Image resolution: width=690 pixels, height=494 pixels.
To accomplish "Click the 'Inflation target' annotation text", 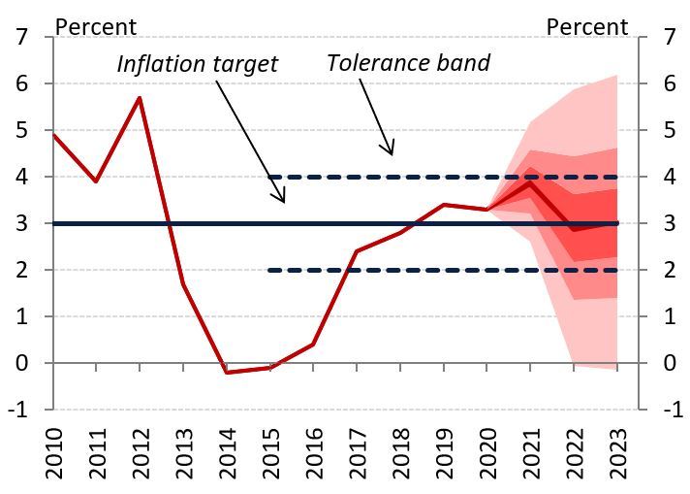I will click(197, 64).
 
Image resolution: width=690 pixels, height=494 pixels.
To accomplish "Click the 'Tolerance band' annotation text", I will click(408, 63).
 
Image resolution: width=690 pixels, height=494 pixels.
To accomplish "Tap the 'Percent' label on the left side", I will click(96, 26).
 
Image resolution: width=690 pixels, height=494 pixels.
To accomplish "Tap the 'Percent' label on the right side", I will click(586, 26).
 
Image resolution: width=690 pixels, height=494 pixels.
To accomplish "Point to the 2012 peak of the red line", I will click(141, 98).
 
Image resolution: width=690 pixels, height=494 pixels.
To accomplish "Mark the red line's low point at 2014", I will click(228, 372).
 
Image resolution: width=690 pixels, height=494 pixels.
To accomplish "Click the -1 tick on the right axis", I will click(667, 410).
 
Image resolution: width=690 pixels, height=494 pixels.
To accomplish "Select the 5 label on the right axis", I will click(667, 130).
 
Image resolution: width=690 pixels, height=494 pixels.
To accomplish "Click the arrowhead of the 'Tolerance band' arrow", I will click(392, 152).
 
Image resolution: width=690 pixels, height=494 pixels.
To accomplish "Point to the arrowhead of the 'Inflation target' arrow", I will click(283, 201).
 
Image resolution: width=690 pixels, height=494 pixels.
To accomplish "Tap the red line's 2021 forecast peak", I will click(530, 183).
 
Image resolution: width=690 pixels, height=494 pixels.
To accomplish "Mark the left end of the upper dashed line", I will click(268, 177).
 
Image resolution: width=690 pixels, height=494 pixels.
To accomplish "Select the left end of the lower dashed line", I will click(268, 270).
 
